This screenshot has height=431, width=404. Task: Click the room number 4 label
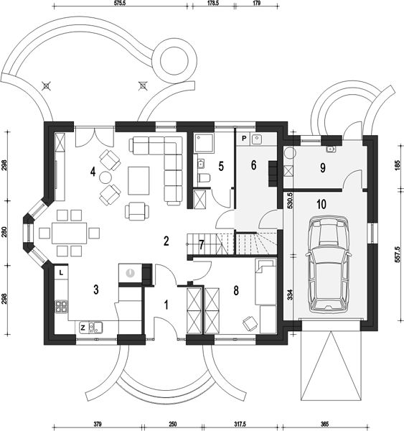[93, 172]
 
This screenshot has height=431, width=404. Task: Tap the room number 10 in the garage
[321, 204]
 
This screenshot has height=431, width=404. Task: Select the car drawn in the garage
[328, 264]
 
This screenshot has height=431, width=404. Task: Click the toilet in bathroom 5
[204, 178]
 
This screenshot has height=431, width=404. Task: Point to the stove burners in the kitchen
[62, 307]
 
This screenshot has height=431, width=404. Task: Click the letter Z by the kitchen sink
[83, 328]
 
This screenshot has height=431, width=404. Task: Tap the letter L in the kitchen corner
[61, 273]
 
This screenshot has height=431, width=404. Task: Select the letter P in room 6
[244, 139]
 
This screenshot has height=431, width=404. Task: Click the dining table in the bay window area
[69, 233]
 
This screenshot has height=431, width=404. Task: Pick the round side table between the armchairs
[105, 177]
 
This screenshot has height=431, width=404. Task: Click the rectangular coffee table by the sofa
[138, 180]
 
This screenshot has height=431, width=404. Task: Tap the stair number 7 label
[202, 245]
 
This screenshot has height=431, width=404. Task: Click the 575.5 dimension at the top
[120, 3]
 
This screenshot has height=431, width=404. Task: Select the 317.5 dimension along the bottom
[240, 424]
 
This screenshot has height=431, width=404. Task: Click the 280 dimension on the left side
[4, 232]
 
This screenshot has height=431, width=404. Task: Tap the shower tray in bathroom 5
[204, 144]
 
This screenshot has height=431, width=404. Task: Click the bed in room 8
[266, 282]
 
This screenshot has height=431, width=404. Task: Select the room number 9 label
[323, 167]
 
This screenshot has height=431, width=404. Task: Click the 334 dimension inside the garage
[291, 295]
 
